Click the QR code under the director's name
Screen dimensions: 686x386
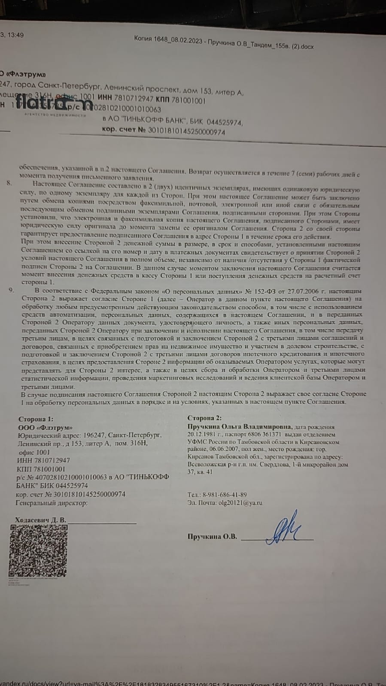click(38, 550)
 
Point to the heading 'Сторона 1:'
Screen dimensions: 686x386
click(36, 419)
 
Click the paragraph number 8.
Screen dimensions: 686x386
click(9, 183)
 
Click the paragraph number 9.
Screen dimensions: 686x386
click(12, 290)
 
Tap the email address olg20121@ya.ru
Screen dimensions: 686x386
click(240, 503)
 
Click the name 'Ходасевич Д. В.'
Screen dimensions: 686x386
click(41, 520)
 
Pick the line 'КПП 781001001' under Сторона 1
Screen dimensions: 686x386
click(41, 469)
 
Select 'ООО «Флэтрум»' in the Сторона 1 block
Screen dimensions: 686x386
click(45, 427)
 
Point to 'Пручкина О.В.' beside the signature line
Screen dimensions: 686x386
click(212, 536)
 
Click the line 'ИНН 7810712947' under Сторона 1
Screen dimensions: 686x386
click(44, 460)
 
